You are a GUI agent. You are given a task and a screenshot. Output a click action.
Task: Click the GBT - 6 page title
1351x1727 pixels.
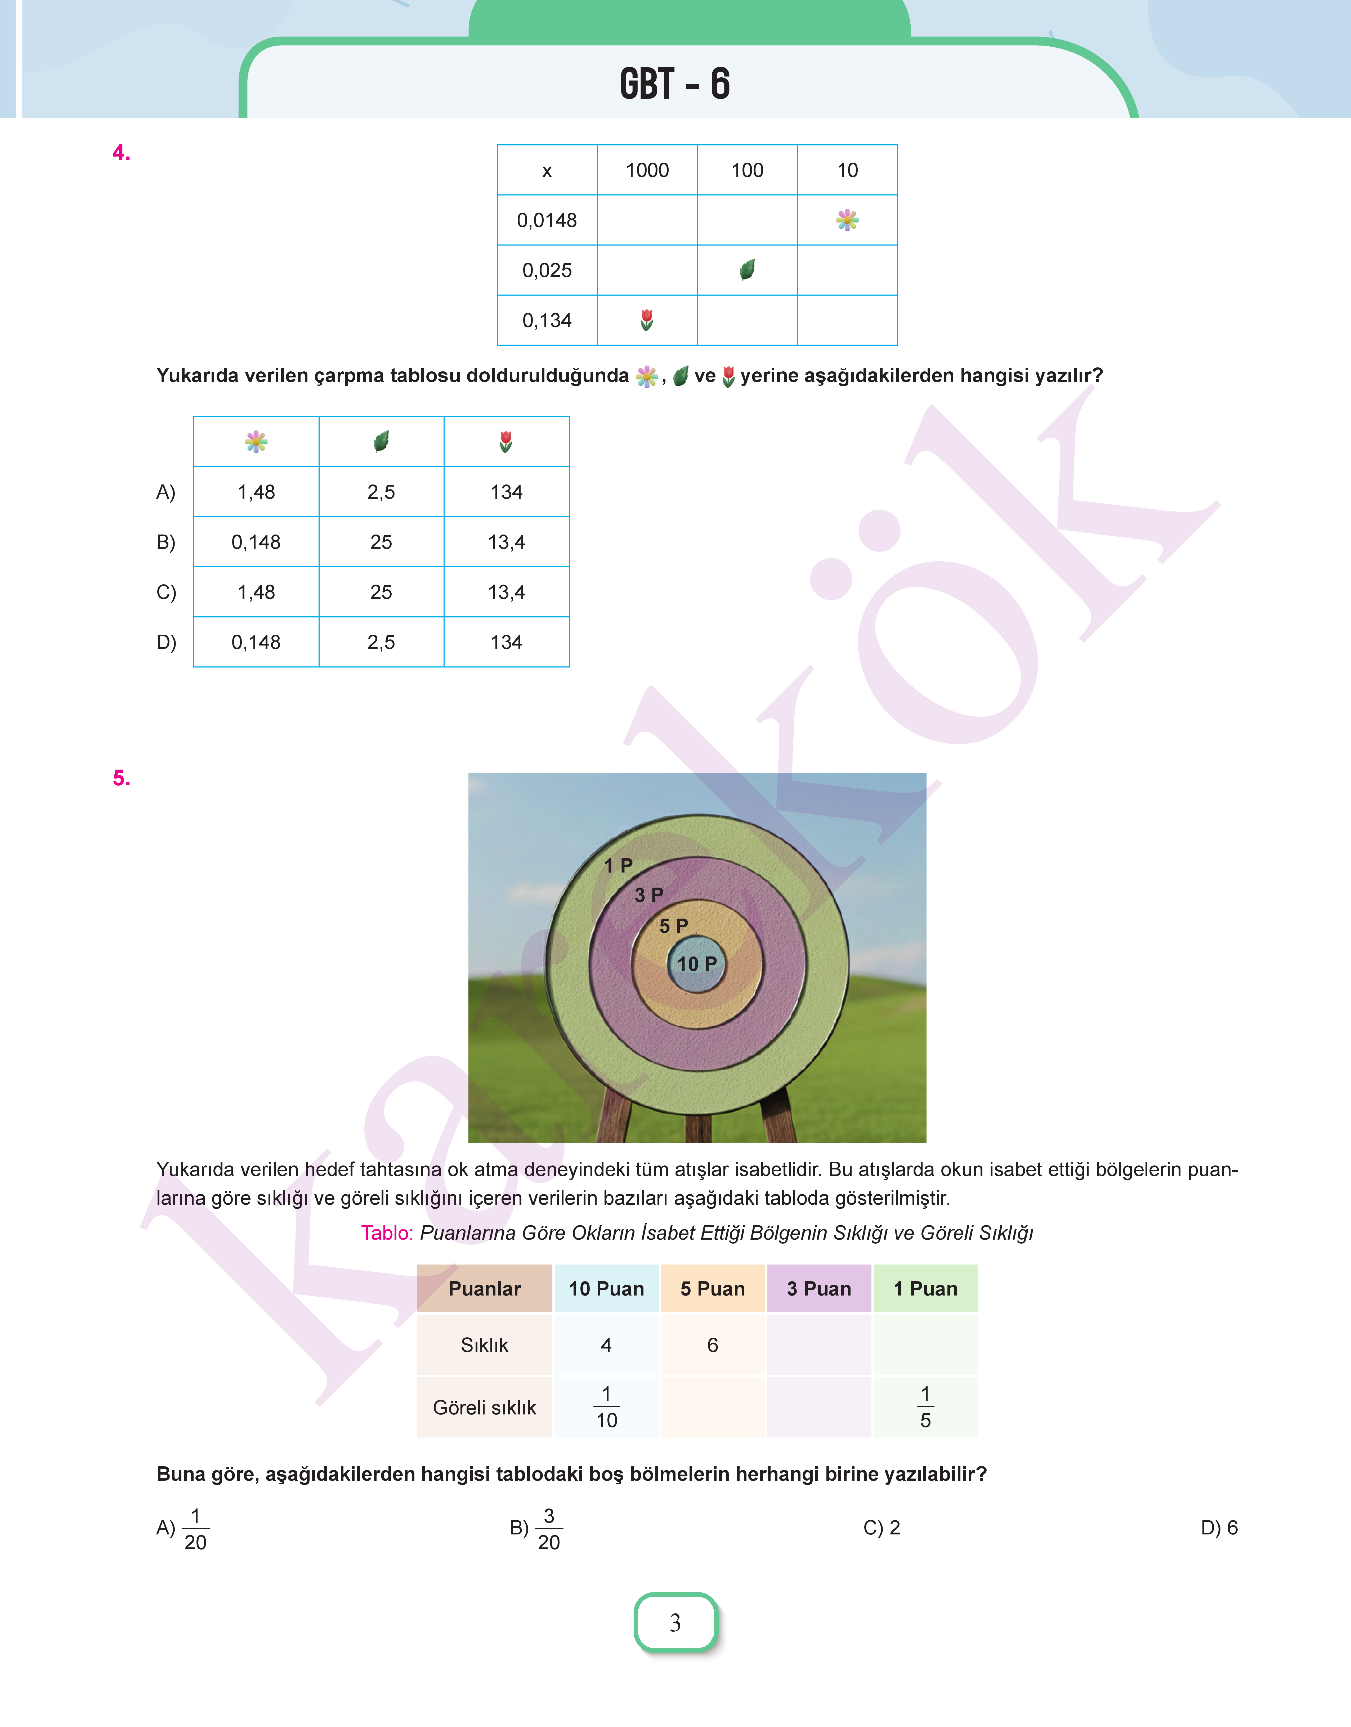tap(675, 84)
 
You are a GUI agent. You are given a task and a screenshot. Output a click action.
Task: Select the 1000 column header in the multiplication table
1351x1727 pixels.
tap(647, 170)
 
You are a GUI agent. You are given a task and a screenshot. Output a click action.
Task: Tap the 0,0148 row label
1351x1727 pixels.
tap(547, 220)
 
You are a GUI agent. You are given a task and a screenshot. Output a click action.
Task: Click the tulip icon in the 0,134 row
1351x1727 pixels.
tap(646, 320)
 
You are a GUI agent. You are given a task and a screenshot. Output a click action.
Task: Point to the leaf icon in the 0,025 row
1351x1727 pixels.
tap(747, 270)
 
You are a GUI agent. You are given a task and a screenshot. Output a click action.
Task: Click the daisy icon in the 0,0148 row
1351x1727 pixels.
tap(847, 220)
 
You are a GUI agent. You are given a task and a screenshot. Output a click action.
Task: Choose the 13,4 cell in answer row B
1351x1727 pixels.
tap(506, 542)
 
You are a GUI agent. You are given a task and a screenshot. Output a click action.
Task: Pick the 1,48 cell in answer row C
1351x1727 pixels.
tap(256, 592)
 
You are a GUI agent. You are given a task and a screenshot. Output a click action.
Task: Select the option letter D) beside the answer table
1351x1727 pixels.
tap(166, 642)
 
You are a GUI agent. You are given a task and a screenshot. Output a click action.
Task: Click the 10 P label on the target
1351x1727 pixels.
tap(697, 964)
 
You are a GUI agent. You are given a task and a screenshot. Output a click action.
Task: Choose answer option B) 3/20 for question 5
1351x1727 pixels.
tap(536, 1528)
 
